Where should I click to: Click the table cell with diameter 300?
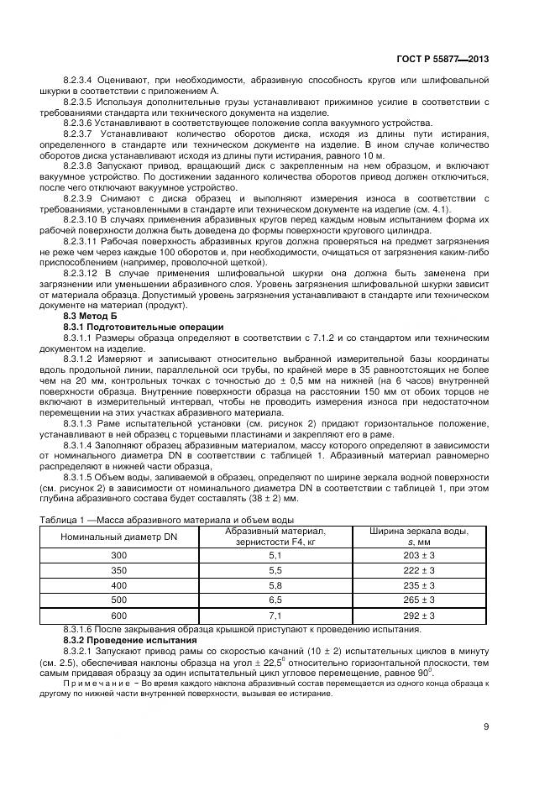(x=118, y=555)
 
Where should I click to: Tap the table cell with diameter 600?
(x=118, y=616)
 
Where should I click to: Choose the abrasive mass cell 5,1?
(x=275, y=555)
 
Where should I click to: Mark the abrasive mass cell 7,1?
(x=275, y=616)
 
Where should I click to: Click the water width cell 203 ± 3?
(x=418, y=555)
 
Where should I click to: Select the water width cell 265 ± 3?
(x=418, y=600)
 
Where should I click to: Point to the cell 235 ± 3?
(x=418, y=585)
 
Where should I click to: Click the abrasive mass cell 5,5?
(x=275, y=570)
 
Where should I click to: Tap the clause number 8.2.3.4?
(x=78, y=80)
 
